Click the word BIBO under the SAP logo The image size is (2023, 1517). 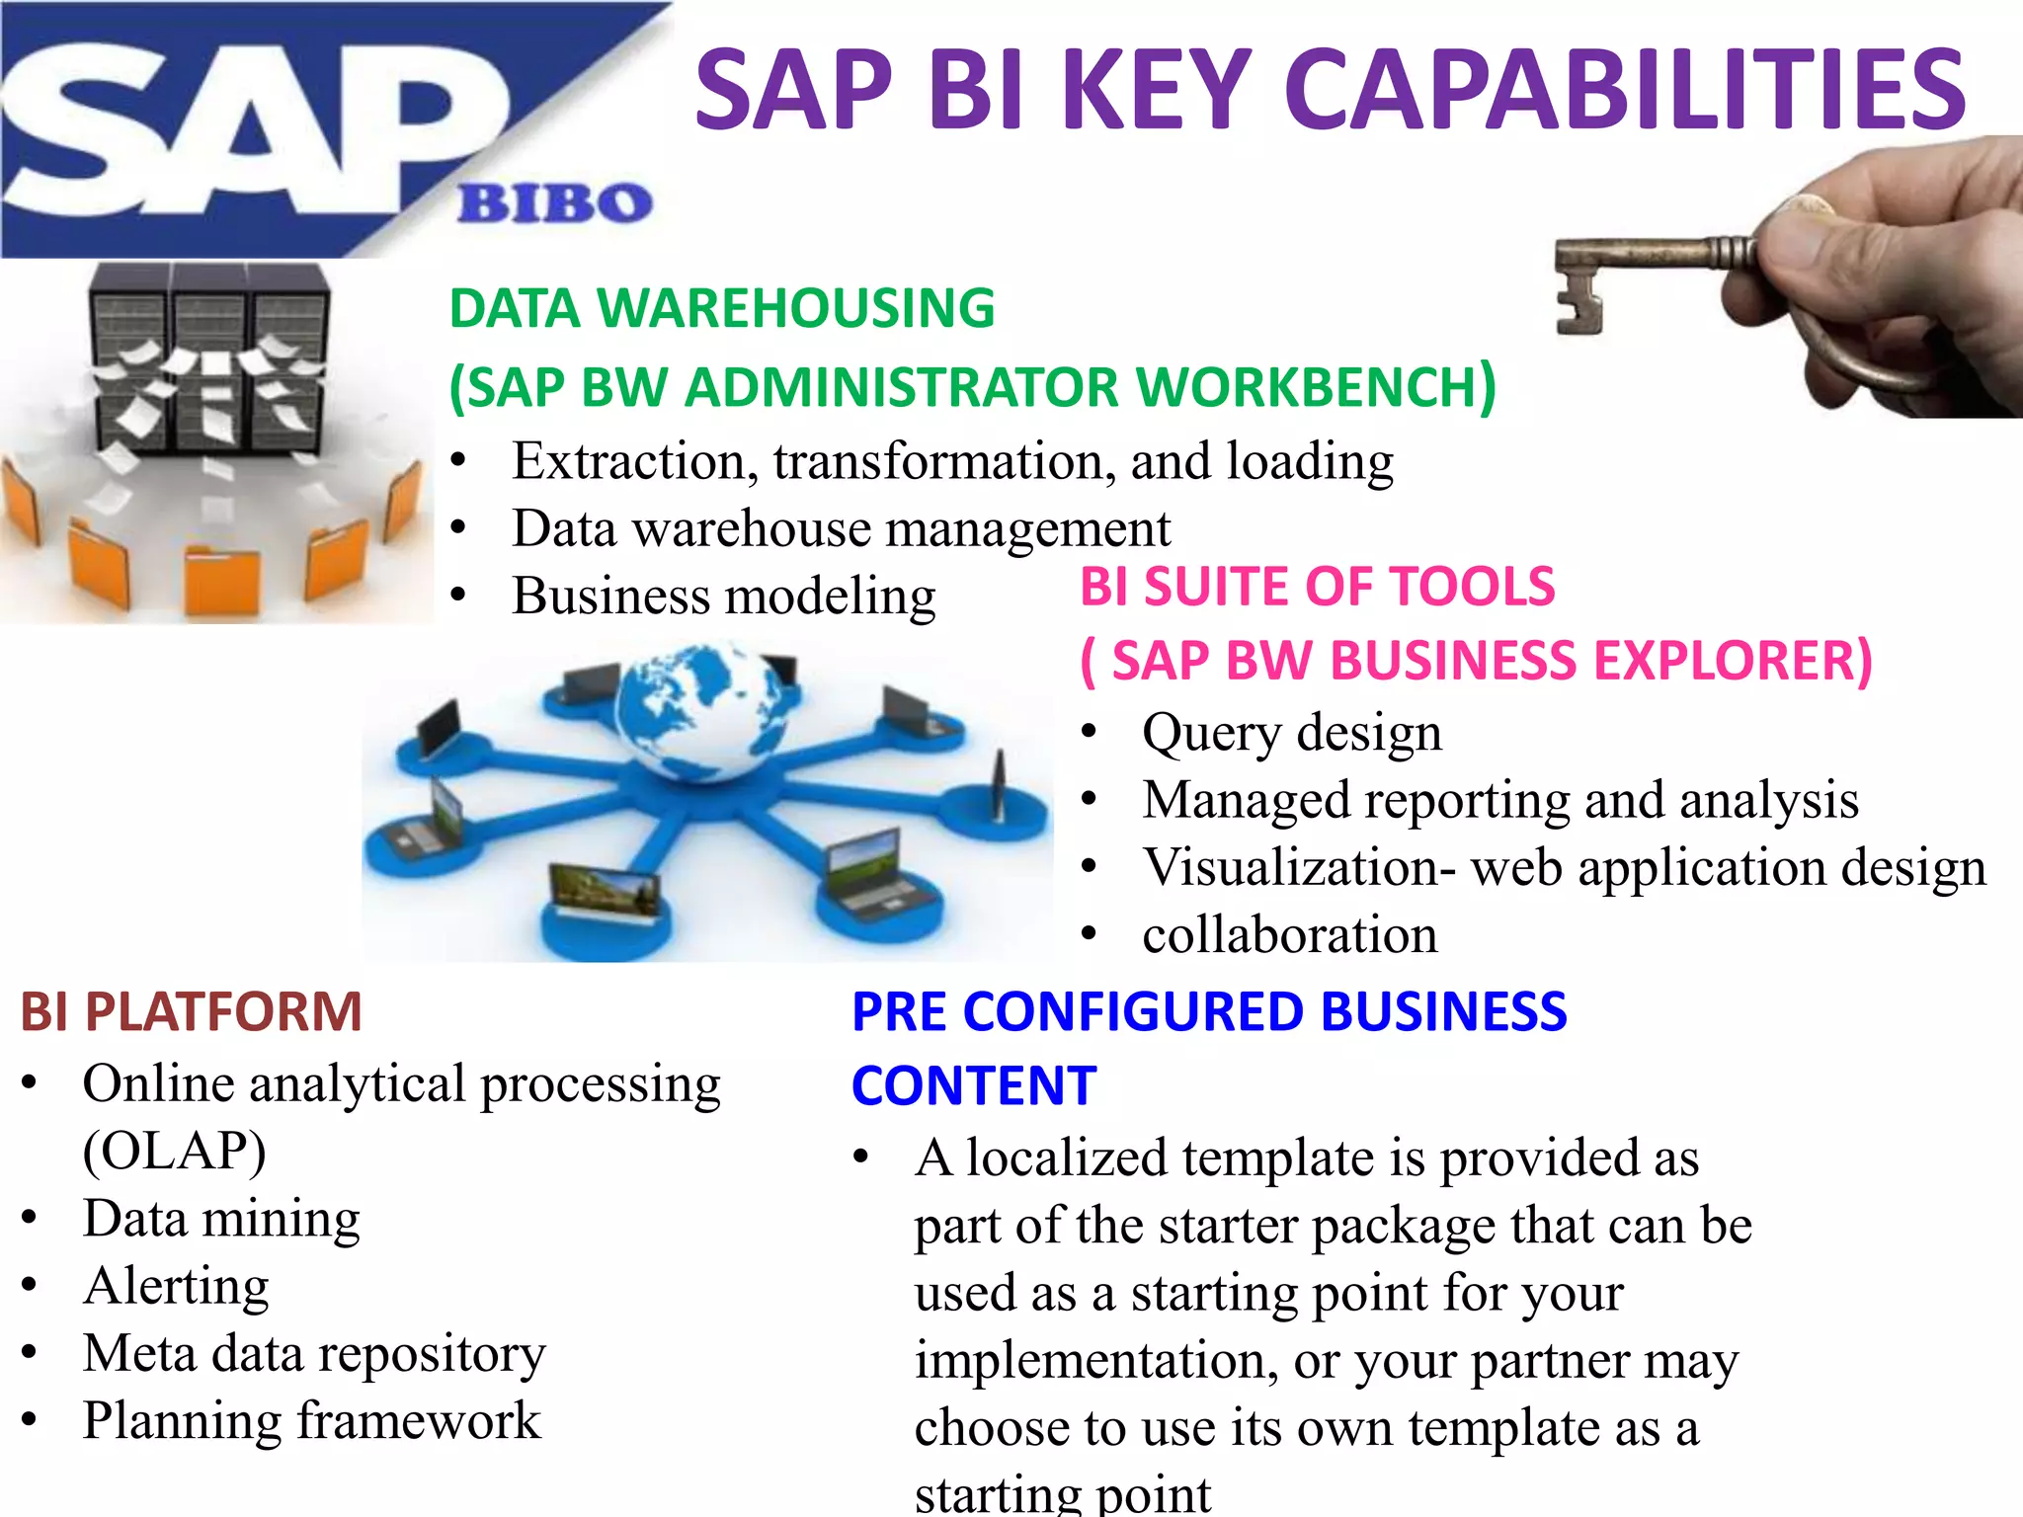click(x=554, y=203)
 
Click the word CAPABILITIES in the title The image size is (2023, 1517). click(x=1625, y=91)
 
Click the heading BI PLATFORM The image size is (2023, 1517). click(x=192, y=1011)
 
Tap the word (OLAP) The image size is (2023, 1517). click(x=174, y=1151)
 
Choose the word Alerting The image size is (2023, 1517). click(x=176, y=1286)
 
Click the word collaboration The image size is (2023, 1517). click(x=1289, y=934)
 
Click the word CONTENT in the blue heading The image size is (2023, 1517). click(x=974, y=1085)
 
